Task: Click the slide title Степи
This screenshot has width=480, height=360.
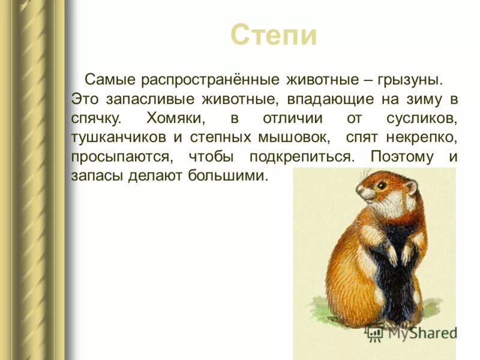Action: coord(273,35)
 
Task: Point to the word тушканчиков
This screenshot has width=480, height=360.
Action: coord(119,138)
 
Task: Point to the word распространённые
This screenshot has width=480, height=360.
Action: coord(210,80)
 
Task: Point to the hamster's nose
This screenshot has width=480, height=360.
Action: coord(359,193)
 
